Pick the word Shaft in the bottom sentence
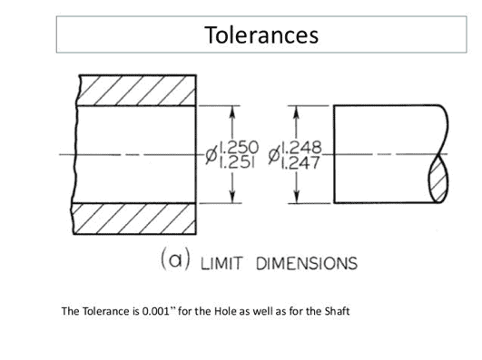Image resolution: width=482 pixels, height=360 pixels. tap(335, 312)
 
